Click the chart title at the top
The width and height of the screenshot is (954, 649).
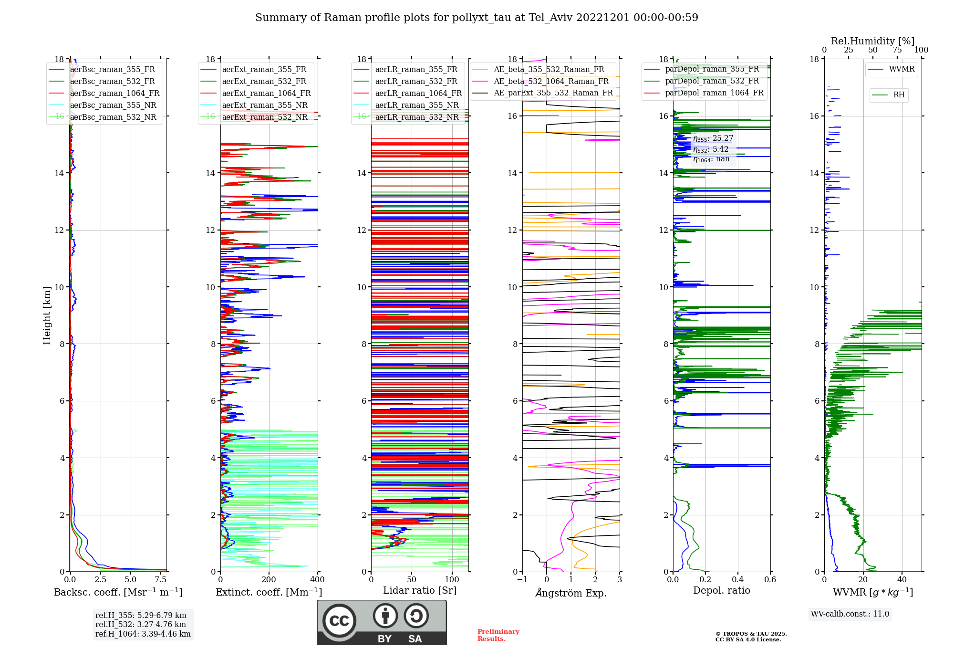[477, 18]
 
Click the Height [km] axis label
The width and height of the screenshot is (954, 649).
[47, 315]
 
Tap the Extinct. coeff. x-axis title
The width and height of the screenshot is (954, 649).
[269, 592]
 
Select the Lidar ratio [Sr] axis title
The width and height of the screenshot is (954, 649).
[420, 590]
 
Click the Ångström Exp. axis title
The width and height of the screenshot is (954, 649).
[571, 593]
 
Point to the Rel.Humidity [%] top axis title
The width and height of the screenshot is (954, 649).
[872, 41]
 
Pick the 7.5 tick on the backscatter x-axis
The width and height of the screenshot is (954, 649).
[161, 580]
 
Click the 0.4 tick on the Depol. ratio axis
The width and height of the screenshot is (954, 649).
[738, 580]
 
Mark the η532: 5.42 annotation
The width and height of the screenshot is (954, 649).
[711, 149]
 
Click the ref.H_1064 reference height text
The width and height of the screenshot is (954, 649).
[143, 634]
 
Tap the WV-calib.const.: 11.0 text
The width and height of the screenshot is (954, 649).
[850, 614]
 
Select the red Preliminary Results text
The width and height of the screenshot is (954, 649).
[498, 635]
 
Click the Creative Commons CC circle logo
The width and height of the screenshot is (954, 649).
[339, 621]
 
